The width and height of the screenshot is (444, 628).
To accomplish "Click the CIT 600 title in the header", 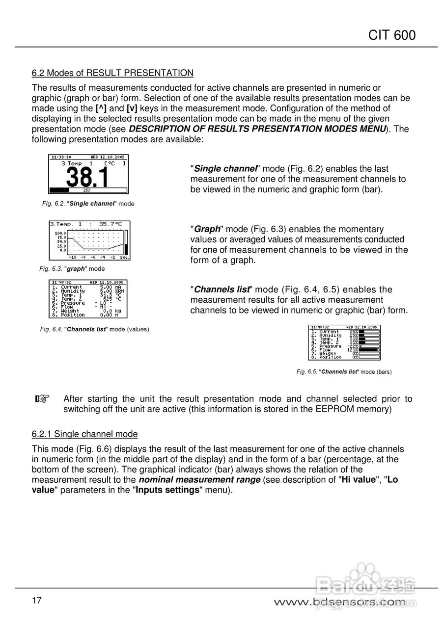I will pyautogui.click(x=391, y=35).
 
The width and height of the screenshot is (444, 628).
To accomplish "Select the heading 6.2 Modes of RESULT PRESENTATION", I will pyautogui.click(x=112, y=73).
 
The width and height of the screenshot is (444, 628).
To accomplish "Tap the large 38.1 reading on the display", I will pyautogui.click(x=88, y=177).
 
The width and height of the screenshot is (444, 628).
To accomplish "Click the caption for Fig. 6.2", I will pyautogui.click(x=88, y=203).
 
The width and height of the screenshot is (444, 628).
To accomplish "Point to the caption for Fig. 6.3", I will pyautogui.click(x=72, y=269).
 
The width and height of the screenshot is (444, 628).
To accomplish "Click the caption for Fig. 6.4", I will pyautogui.click(x=94, y=329).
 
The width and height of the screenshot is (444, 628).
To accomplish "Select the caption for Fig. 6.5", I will pyautogui.click(x=344, y=372).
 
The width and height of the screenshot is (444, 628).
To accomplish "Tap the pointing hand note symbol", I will pyautogui.click(x=43, y=399).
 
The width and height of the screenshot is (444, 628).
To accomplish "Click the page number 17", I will pyautogui.click(x=37, y=601).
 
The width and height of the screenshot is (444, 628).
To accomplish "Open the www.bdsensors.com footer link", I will pyautogui.click(x=339, y=602).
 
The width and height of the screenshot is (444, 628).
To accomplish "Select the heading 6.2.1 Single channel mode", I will pyautogui.click(x=84, y=434).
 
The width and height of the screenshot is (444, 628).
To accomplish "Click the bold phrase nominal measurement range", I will pyautogui.click(x=200, y=480).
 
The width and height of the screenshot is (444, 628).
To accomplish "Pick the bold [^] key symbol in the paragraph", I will pyautogui.click(x=101, y=108).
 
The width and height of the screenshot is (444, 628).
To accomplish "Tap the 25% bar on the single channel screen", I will pyautogui.click(x=86, y=190).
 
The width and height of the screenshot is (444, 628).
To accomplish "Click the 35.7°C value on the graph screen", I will pyautogui.click(x=110, y=224).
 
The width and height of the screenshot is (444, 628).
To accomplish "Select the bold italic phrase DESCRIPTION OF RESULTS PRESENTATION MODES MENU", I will pyautogui.click(x=258, y=129).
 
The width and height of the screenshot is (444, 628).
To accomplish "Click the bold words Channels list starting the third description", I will pyautogui.click(x=222, y=289).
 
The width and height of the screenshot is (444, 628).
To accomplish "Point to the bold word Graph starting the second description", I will pyautogui.click(x=207, y=229).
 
